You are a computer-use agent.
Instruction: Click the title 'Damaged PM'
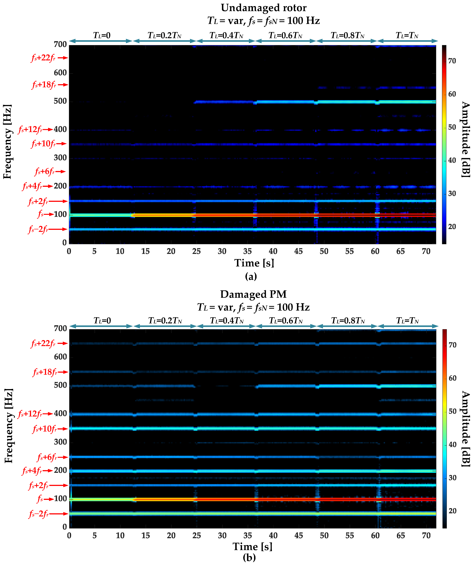[253, 294]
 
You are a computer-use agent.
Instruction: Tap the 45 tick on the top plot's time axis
[298, 251]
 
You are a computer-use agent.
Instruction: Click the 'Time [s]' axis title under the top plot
[254, 263]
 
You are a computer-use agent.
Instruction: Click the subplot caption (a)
[251, 276]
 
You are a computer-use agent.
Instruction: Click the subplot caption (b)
[249, 558]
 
